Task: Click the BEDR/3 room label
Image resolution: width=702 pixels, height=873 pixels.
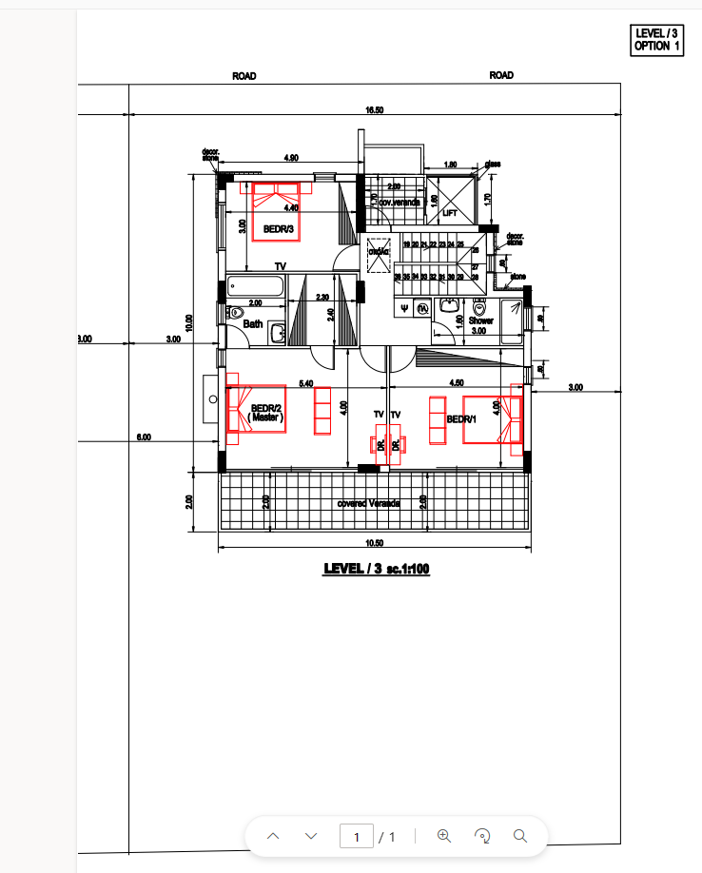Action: click(277, 229)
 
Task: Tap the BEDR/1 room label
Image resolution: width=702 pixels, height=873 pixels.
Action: click(460, 419)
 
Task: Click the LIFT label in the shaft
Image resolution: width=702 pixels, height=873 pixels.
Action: click(450, 213)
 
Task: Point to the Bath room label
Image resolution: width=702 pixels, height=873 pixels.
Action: click(252, 324)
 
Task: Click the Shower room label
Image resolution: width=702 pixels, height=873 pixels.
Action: click(481, 320)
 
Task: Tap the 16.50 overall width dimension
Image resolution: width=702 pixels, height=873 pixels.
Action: click(375, 110)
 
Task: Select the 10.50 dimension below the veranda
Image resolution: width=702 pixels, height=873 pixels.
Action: click(375, 543)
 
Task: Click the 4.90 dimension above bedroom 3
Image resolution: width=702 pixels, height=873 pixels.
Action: click(291, 157)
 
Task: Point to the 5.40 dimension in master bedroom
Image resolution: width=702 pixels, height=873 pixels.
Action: click(306, 383)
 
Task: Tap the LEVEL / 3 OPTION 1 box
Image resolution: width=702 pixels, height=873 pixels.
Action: click(657, 40)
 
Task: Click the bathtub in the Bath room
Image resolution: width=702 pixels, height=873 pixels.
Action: click(256, 286)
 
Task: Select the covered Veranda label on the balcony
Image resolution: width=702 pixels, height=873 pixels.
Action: click(369, 502)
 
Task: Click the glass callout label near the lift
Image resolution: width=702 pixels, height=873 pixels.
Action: click(493, 164)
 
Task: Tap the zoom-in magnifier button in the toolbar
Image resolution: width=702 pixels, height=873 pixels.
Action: click(443, 836)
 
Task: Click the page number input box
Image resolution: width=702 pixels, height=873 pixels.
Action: click(357, 837)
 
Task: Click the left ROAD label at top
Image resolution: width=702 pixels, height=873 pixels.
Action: click(244, 76)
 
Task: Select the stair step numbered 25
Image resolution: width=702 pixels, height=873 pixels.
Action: click(460, 244)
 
